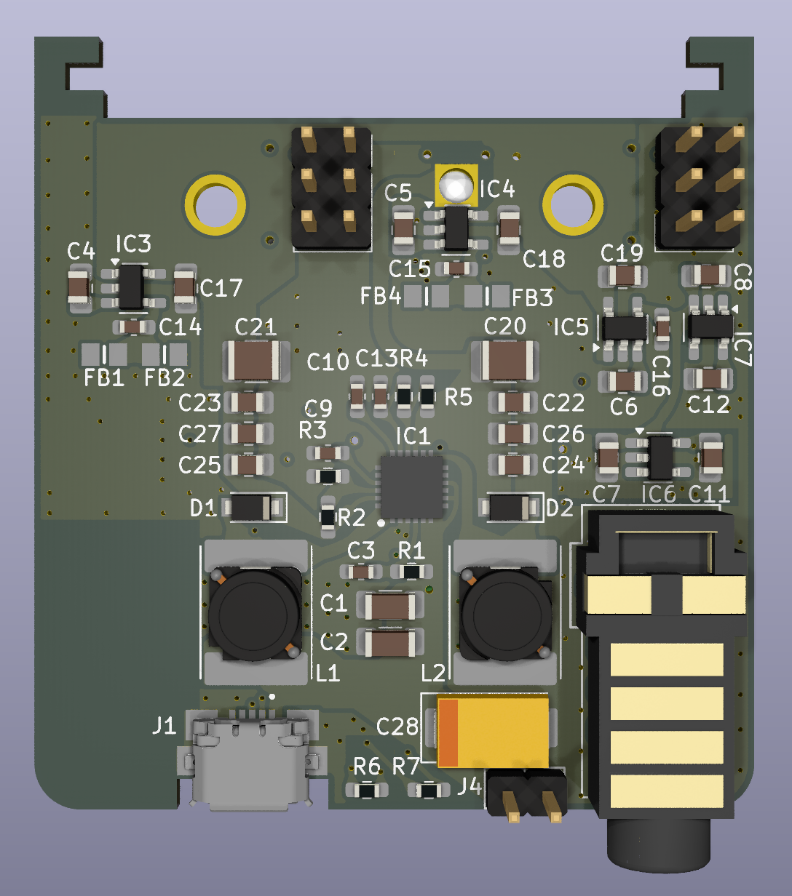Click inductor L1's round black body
click(x=254, y=614)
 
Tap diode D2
click(x=510, y=508)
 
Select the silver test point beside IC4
click(x=456, y=186)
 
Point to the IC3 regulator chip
click(x=131, y=286)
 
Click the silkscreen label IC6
click(x=660, y=495)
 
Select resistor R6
click(x=366, y=790)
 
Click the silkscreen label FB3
click(x=533, y=297)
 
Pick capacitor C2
click(x=390, y=642)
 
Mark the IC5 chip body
click(x=624, y=328)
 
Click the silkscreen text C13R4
click(x=392, y=359)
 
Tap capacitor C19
click(x=623, y=276)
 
